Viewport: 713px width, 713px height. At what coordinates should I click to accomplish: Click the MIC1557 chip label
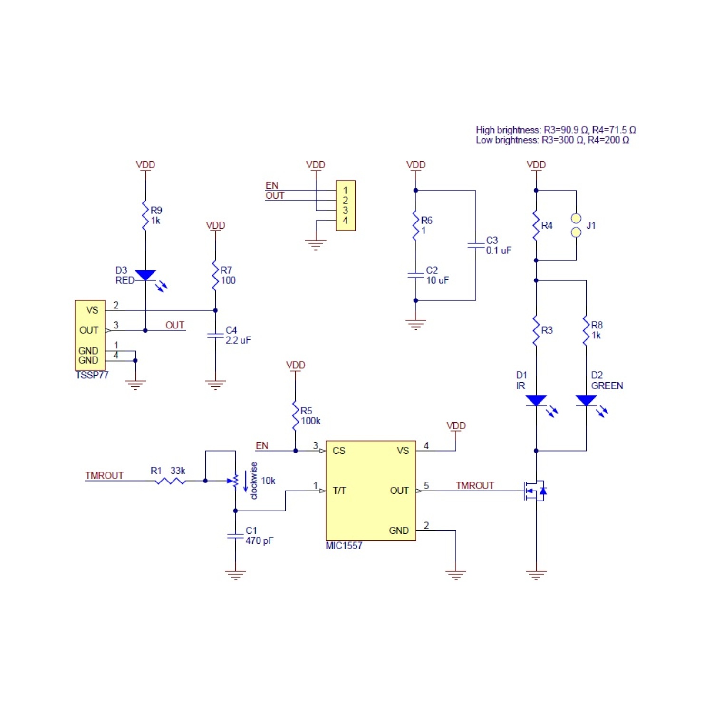[344, 546]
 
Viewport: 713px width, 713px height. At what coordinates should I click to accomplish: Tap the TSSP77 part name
[92, 375]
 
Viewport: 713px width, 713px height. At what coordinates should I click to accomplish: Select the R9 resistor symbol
[145, 215]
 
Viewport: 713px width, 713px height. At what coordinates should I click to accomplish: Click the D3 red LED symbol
[145, 276]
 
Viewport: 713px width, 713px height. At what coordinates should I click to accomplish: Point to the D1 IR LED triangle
[536, 401]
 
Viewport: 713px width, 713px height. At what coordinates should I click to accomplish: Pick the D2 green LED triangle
[586, 401]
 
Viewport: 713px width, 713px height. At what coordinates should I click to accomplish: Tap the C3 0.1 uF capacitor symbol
[476, 245]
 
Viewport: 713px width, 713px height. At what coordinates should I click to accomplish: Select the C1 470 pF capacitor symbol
[235, 536]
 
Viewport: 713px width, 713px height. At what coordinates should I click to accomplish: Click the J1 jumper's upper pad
[576, 219]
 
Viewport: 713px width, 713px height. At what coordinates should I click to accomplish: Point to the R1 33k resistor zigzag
[171, 481]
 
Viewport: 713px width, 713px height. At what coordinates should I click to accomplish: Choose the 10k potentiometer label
[268, 481]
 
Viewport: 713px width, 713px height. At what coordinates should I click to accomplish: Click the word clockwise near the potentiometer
[254, 481]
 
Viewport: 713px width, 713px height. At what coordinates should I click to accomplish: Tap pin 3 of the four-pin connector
[345, 210]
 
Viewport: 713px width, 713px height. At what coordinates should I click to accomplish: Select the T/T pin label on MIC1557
[339, 491]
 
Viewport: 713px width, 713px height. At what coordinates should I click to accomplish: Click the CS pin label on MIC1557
[339, 451]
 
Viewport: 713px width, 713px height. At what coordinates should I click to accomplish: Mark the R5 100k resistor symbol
[295, 416]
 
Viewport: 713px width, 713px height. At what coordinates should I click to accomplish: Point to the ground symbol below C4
[215, 385]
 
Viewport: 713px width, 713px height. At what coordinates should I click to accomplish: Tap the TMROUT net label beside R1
[104, 475]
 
